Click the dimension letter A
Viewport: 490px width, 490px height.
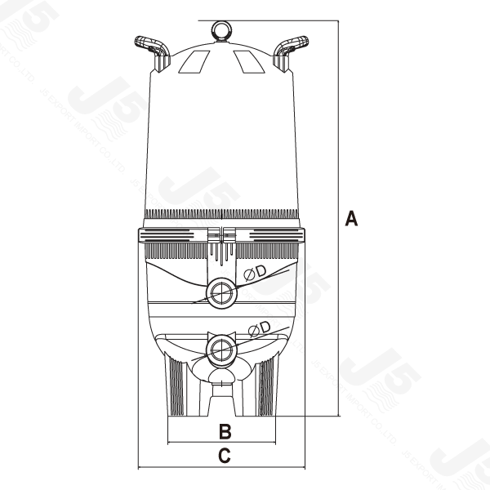point(352,218)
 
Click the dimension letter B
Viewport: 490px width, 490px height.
point(225,431)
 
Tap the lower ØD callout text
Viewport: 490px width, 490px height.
point(260,329)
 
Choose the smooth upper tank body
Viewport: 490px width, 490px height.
point(220,139)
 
